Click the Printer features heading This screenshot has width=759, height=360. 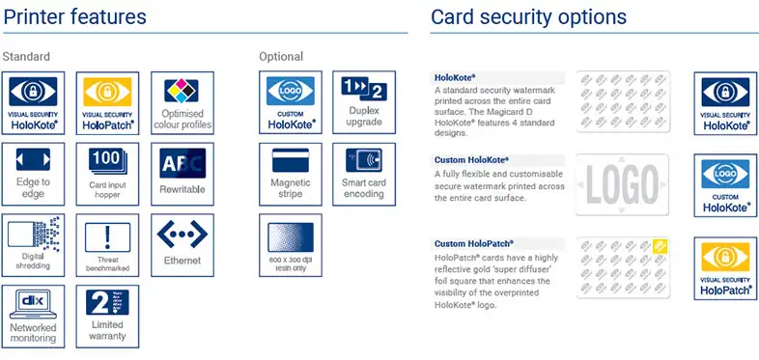[75, 17]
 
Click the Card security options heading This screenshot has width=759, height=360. [528, 17]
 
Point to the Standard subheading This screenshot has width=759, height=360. [27, 57]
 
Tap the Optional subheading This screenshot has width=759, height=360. [281, 57]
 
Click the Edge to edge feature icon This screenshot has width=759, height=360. [34, 174]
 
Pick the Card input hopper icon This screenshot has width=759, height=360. [107, 174]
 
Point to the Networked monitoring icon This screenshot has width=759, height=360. [34, 316]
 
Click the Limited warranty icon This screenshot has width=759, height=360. [107, 316]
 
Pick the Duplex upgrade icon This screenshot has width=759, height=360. [364, 102]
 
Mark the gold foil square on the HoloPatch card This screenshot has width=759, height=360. [661, 245]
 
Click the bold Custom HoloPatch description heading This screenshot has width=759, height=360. [472, 243]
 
